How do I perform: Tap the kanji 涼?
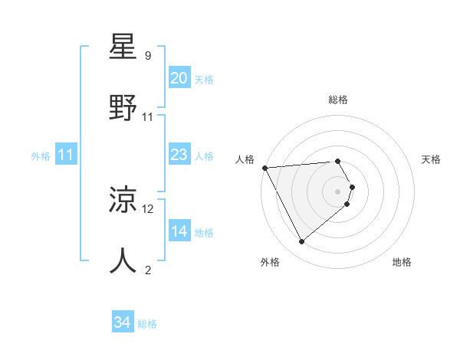124,201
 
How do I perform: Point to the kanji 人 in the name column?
124,261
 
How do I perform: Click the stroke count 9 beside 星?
148,56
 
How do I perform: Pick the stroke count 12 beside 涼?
148,208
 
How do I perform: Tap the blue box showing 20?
179,78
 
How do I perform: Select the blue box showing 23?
179,155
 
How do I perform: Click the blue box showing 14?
179,231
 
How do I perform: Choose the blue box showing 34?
123,322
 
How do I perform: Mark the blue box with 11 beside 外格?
65,155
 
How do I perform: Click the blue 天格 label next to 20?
204,79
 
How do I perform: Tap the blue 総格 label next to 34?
147,324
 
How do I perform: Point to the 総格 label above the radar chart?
338,100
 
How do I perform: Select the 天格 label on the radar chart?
432,159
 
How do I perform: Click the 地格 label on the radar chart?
402,262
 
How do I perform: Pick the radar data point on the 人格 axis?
264,167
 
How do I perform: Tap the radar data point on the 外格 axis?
302,242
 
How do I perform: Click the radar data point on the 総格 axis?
338,162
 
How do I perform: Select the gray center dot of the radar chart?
338,191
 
